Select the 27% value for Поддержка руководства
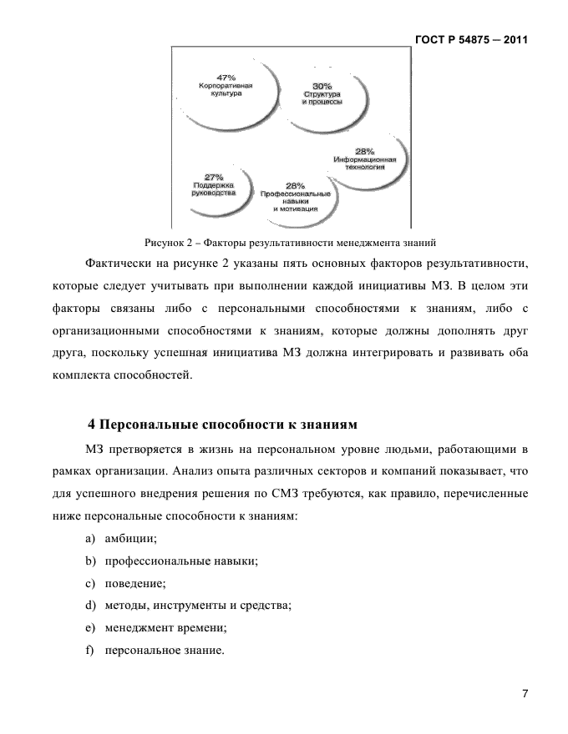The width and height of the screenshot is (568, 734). point(214,176)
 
